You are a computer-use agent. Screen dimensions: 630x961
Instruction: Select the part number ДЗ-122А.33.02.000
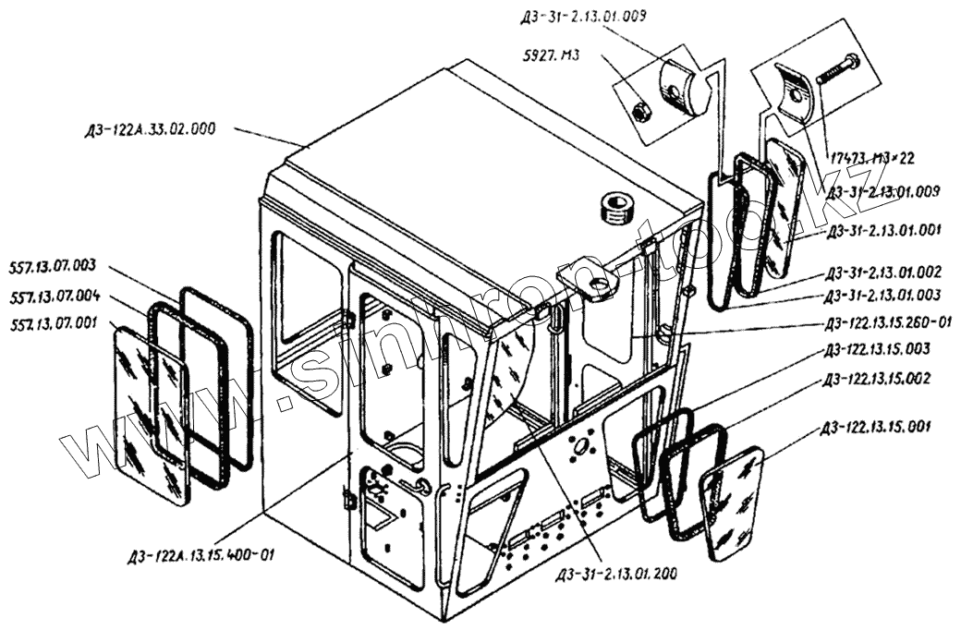(x=149, y=129)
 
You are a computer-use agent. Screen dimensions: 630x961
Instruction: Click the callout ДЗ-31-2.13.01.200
(x=616, y=575)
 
